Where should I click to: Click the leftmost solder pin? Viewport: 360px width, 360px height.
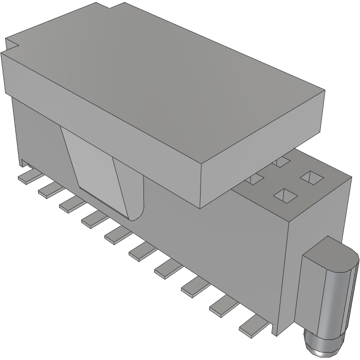pos(25,177)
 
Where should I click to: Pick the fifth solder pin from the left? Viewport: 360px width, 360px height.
pos(114,235)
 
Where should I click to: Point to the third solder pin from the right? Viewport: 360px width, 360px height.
pos(193,287)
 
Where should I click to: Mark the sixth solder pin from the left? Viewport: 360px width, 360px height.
pos(139,251)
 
